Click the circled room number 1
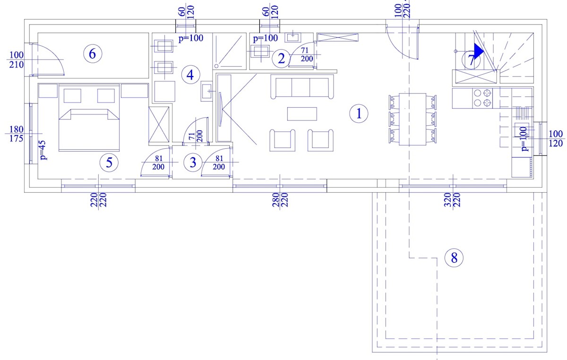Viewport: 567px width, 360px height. pos(359,113)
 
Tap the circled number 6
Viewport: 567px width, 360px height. pos(93,54)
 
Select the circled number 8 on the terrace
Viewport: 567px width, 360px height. pos(454,258)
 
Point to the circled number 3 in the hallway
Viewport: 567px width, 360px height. pos(193,163)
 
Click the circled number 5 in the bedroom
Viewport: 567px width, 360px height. pos(109,163)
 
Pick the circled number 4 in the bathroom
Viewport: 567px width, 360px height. pos(190,75)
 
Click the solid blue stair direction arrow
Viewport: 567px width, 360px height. pos(479,51)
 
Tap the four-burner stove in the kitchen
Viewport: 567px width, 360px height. pos(482,98)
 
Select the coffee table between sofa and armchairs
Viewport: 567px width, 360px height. pos(302,114)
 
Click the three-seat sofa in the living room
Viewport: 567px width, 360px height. pos(302,86)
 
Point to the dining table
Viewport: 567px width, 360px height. pos(412,119)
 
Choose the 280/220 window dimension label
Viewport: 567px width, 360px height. pos(280,200)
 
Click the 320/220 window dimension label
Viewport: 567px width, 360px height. pos(452,200)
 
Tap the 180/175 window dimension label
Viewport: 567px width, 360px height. pos(17,134)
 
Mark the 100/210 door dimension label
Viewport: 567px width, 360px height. pos(17,60)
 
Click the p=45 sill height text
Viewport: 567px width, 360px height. pos(43,150)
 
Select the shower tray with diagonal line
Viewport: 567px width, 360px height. pos(230,51)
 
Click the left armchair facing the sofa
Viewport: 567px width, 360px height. pos(282,140)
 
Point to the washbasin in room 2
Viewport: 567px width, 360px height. pos(293,37)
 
